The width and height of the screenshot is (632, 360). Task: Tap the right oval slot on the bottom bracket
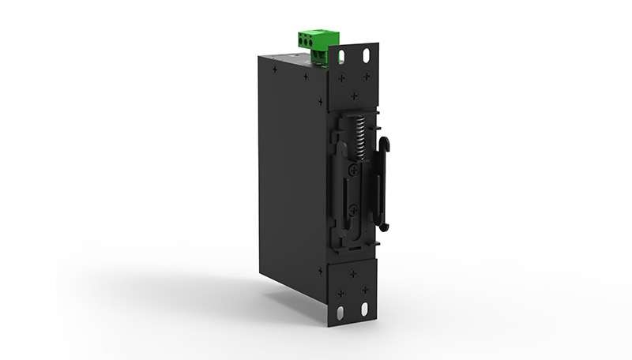(365, 309)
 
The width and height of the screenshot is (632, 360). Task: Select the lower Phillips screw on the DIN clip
(353, 209)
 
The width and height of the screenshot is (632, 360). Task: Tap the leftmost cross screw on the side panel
(274, 69)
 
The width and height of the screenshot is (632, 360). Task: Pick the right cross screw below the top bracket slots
(366, 77)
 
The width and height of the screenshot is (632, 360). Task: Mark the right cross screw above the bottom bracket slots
(365, 290)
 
